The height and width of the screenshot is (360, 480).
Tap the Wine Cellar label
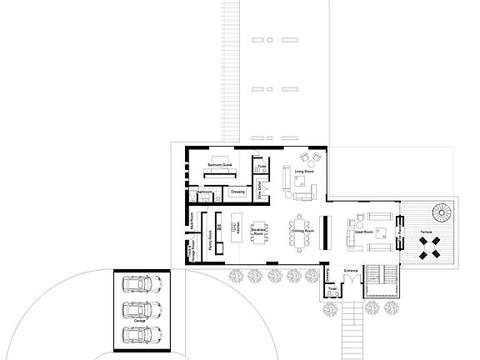coord(259,188)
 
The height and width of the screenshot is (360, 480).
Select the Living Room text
coord(303,172)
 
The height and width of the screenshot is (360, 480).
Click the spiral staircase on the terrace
coord(439,212)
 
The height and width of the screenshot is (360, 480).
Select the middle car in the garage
coord(139,312)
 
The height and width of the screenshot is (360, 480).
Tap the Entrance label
coord(351,271)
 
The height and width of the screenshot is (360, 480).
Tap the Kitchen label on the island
coord(239,227)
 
